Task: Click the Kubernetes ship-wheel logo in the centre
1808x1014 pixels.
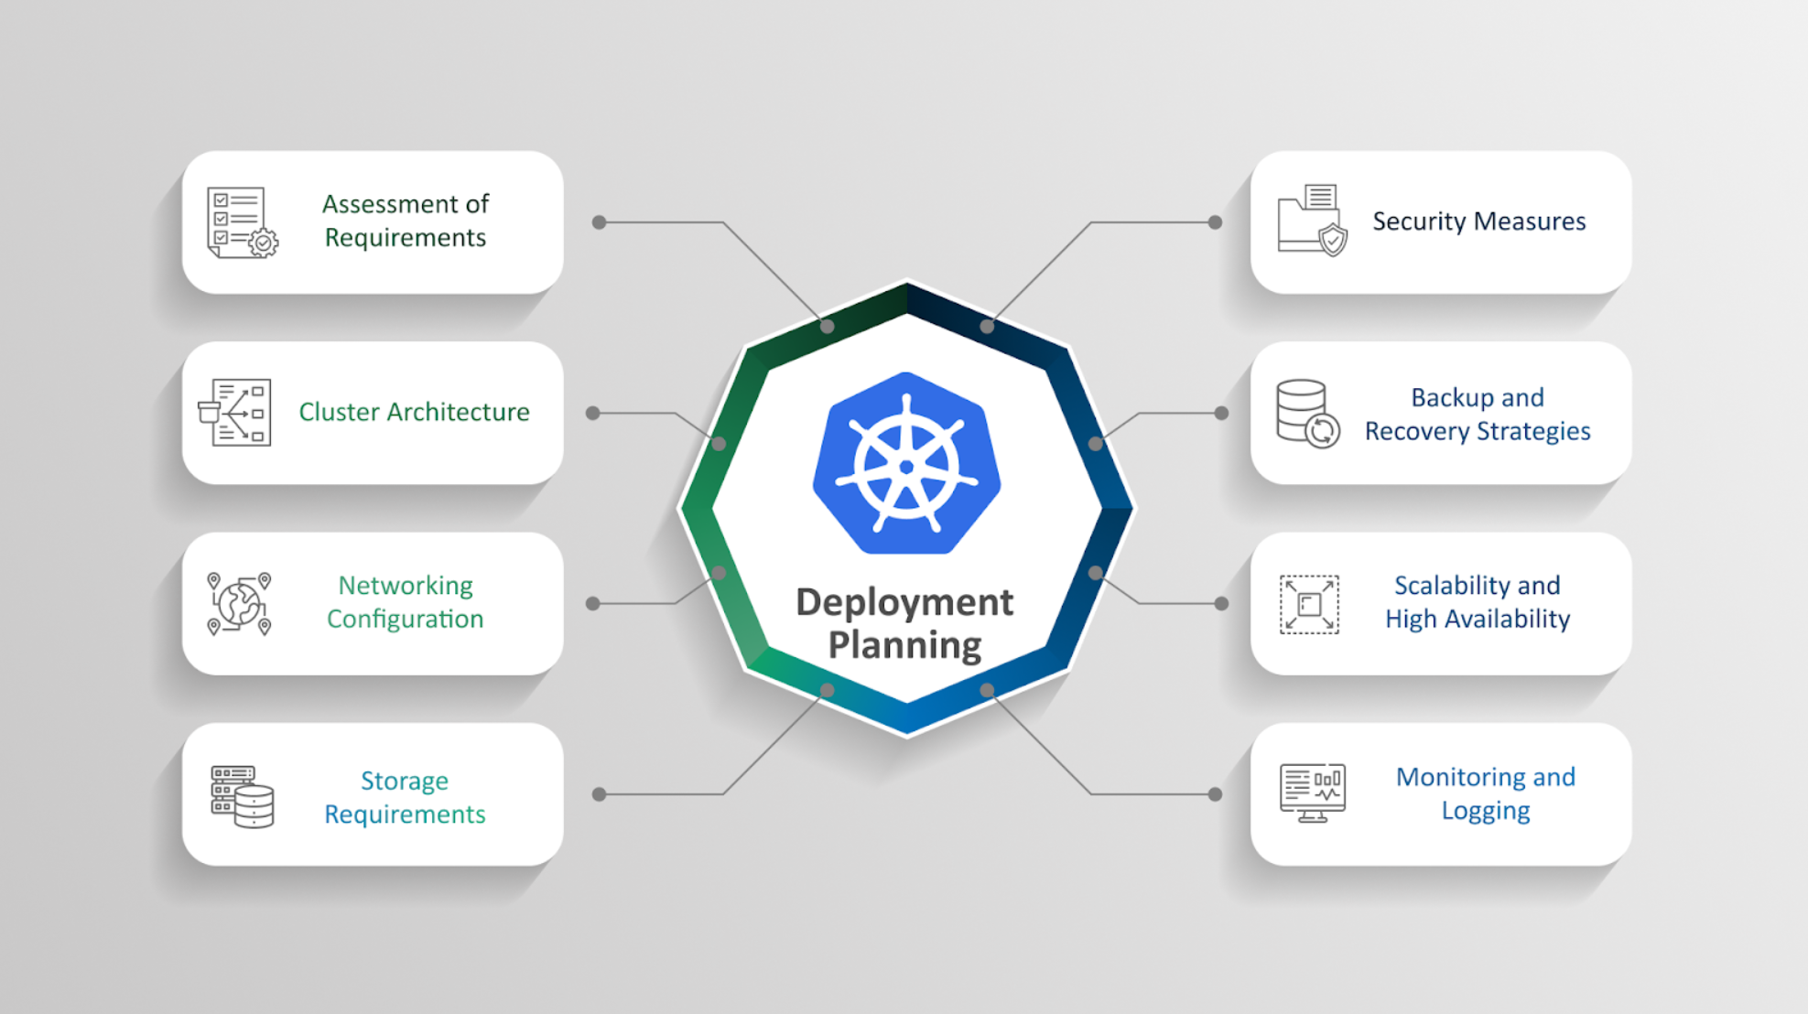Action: click(906, 464)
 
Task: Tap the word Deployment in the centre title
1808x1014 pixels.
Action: click(904, 602)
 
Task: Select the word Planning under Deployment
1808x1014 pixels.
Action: click(904, 644)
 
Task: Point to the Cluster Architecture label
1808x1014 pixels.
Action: click(414, 412)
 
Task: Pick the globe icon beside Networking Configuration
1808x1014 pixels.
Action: click(239, 604)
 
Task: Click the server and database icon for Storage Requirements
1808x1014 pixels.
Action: click(243, 796)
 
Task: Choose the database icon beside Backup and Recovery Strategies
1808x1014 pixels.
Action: click(1307, 413)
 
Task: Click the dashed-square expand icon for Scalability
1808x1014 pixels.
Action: click(1309, 604)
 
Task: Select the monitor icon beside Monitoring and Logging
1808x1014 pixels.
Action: click(1313, 793)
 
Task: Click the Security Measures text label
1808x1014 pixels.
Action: click(1478, 221)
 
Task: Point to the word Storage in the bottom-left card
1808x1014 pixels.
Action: click(405, 781)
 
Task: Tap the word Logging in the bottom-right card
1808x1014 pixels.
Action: click(1485, 811)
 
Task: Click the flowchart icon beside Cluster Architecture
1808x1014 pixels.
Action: click(236, 412)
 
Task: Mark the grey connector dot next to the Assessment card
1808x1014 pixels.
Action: click(600, 222)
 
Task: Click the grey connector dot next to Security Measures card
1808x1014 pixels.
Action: click(1215, 222)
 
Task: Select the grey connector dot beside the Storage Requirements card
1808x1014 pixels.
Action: click(600, 794)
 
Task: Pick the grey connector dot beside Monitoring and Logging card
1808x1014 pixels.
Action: click(1215, 794)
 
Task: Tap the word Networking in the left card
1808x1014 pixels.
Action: click(406, 586)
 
